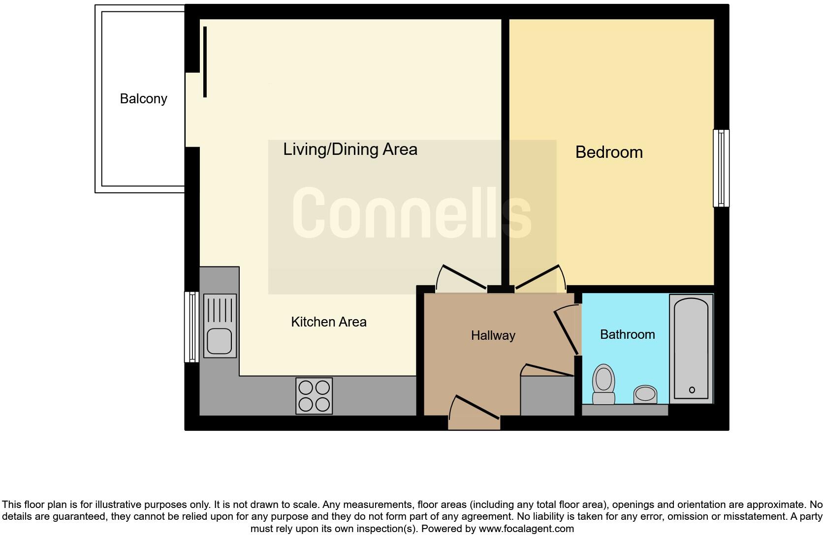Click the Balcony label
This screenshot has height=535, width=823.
tap(143, 99)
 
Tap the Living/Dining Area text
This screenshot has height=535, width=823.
tap(350, 149)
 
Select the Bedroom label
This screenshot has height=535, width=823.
tap(609, 152)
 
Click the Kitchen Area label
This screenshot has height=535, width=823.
tap(328, 322)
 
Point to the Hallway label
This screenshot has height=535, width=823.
tap(493, 335)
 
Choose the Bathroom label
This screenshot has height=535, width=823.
tap(627, 334)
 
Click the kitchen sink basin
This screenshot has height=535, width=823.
tap(220, 341)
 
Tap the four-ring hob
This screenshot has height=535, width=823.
tap(314, 396)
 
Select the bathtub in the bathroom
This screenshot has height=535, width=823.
tap(691, 349)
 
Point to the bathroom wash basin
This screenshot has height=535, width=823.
tap(645, 394)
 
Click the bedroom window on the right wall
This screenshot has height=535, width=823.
tap(721, 168)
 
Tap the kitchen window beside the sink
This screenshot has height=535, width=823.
tap(191, 327)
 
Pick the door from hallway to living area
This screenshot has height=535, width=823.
tap(462, 278)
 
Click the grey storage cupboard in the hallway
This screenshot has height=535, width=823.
tap(547, 396)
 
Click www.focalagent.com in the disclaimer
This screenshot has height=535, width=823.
tap(526, 529)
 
